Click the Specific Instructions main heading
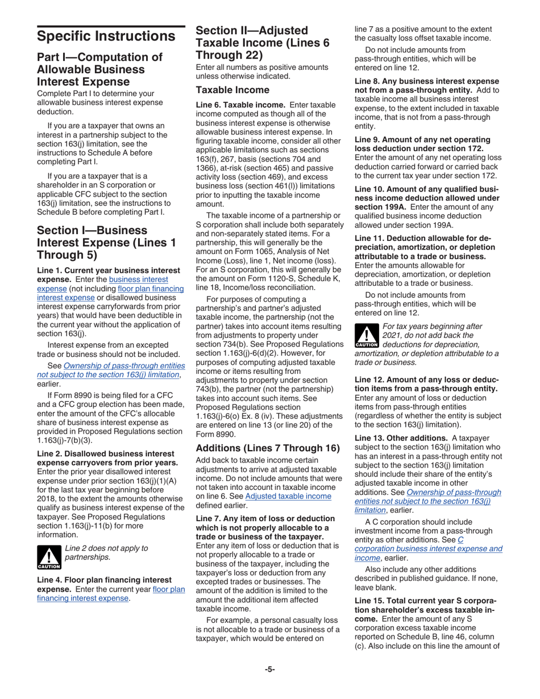(106, 36)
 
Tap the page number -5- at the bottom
(269, 669)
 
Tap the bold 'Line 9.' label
(369, 139)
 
